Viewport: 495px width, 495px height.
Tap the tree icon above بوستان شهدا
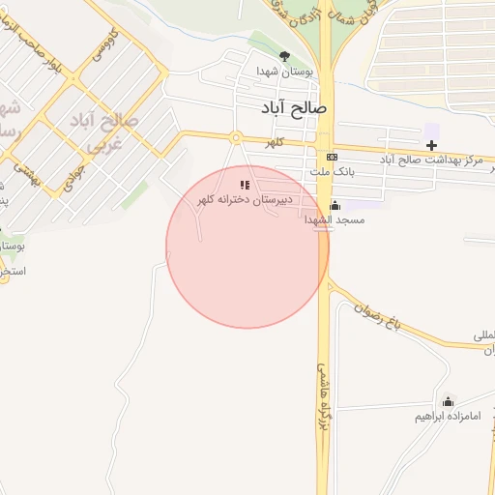click(284, 56)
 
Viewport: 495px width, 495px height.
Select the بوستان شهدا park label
click(283, 73)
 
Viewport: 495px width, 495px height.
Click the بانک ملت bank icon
click(333, 157)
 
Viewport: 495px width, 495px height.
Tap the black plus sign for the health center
click(431, 145)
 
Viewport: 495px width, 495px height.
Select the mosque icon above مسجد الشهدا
click(335, 205)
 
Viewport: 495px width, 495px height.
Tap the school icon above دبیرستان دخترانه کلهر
click(246, 184)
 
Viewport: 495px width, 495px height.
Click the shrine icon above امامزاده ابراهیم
click(448, 401)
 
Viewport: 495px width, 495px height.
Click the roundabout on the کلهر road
click(235, 137)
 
